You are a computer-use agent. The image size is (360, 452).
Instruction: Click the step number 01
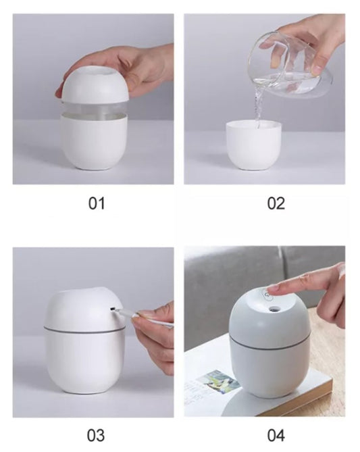point(97,203)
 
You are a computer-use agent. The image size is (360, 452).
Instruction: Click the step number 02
point(276,203)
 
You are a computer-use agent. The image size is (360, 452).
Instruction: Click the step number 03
point(96,435)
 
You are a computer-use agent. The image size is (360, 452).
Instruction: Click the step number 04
point(276,435)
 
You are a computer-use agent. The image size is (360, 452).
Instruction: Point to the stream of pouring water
point(259,106)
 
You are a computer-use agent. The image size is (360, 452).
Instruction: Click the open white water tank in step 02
point(254,145)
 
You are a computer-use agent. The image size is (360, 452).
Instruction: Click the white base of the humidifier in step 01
point(94,141)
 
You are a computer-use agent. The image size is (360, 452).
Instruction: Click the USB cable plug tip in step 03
point(113,309)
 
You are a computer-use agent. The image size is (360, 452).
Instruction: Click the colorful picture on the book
point(218,382)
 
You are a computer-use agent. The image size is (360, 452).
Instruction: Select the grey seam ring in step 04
point(269,344)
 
